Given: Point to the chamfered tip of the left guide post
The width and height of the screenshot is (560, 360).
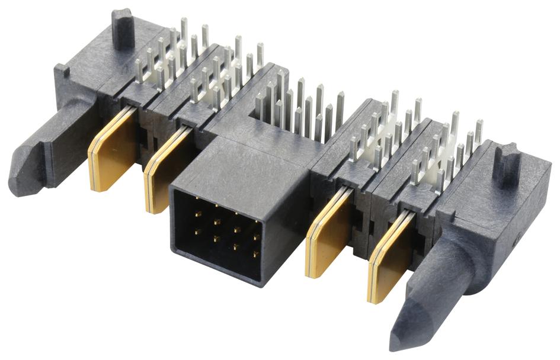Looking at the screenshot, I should (21, 172).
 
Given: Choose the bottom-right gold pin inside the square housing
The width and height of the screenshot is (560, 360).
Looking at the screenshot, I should (256, 255).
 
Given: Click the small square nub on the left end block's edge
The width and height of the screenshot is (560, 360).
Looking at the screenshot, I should (63, 72).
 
